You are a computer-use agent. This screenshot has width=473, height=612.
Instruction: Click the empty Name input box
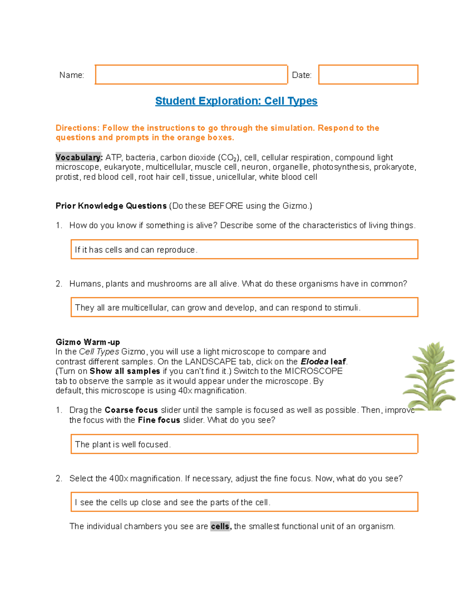[x=191, y=74]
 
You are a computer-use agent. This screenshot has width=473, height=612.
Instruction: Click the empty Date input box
[x=368, y=74]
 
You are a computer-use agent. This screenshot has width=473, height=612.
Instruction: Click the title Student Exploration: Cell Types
[x=236, y=101]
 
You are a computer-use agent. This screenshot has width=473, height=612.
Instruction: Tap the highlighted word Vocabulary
[x=78, y=157]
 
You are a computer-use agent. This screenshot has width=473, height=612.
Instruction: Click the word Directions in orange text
[x=77, y=128]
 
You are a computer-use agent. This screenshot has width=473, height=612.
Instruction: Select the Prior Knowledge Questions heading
[x=111, y=206]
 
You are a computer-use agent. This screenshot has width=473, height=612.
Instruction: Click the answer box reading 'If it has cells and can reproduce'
[x=244, y=249]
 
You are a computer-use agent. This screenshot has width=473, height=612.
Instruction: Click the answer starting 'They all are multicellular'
[x=244, y=307]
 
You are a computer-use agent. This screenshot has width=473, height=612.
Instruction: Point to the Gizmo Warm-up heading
[x=88, y=342]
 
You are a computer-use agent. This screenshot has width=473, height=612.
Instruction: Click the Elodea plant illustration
[x=430, y=376]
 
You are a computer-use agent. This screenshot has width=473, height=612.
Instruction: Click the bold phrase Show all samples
[x=125, y=371]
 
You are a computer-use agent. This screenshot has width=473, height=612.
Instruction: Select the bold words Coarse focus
[x=131, y=410]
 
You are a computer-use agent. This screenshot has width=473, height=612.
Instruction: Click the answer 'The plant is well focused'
[x=244, y=444]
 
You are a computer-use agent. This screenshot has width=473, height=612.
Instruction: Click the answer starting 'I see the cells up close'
[x=244, y=502]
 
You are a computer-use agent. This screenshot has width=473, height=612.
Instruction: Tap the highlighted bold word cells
[x=220, y=526]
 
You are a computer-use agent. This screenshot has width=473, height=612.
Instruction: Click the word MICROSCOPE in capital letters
[x=313, y=371]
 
